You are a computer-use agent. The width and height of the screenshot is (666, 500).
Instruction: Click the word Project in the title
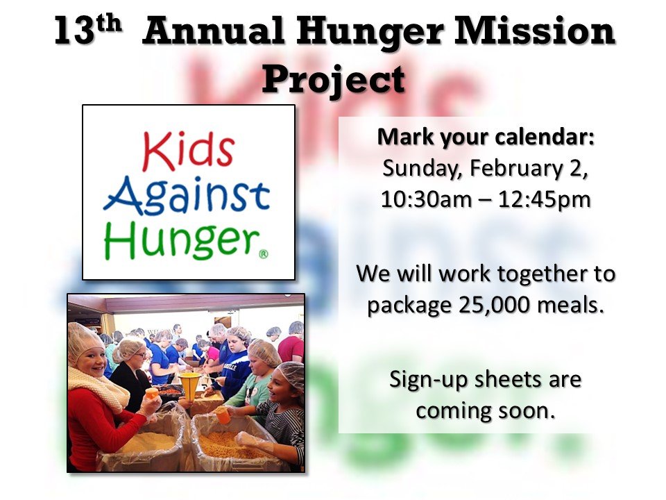(333, 78)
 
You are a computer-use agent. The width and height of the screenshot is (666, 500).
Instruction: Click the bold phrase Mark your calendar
(486, 137)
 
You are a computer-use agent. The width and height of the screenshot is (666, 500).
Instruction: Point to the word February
(509, 168)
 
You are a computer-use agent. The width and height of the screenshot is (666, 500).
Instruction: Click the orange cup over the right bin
(221, 414)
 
